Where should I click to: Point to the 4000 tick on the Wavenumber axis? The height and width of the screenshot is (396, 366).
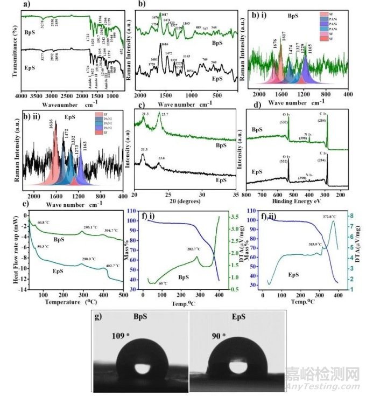pyautogui.click(x=22, y=96)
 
